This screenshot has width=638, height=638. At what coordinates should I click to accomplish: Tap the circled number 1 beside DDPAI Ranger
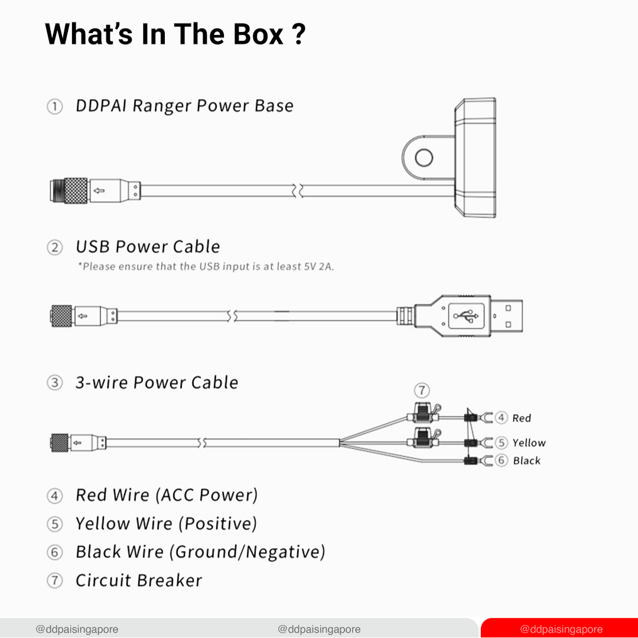[x=54, y=106]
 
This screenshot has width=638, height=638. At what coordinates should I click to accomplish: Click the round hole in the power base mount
[x=424, y=158]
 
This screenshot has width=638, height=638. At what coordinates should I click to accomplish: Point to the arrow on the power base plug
[x=99, y=190]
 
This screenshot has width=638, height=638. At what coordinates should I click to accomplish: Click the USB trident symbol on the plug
[x=466, y=315]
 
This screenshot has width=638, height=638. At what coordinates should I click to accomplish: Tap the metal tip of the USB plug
[x=506, y=315]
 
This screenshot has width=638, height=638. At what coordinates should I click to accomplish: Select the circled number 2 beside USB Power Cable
[x=54, y=248]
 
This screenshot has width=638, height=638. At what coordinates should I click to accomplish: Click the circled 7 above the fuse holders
[x=422, y=390]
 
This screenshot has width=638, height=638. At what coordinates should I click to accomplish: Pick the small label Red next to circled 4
[x=522, y=418]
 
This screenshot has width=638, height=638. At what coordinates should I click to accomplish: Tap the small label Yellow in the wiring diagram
[x=529, y=442]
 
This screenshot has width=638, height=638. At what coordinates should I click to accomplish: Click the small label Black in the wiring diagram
[x=527, y=461]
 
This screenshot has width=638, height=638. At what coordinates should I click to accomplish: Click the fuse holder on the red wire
[x=424, y=414]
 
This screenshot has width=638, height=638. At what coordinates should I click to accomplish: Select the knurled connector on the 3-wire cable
[x=60, y=442]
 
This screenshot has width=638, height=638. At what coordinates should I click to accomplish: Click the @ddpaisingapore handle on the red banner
[x=561, y=629]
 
